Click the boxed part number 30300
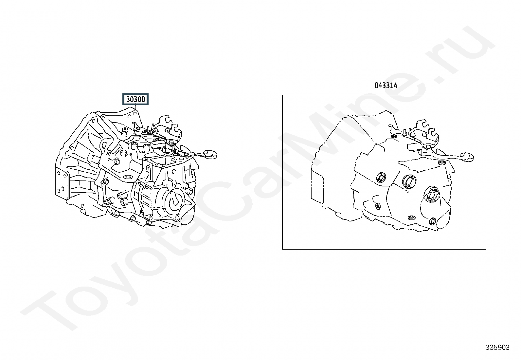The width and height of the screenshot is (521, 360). pos(135,99)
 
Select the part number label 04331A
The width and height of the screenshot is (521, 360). pos(386,86)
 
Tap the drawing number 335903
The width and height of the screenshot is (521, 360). pos(497,347)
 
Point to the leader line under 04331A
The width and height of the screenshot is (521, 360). pos(384,92)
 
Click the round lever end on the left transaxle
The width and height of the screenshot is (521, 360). pos(210,154)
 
